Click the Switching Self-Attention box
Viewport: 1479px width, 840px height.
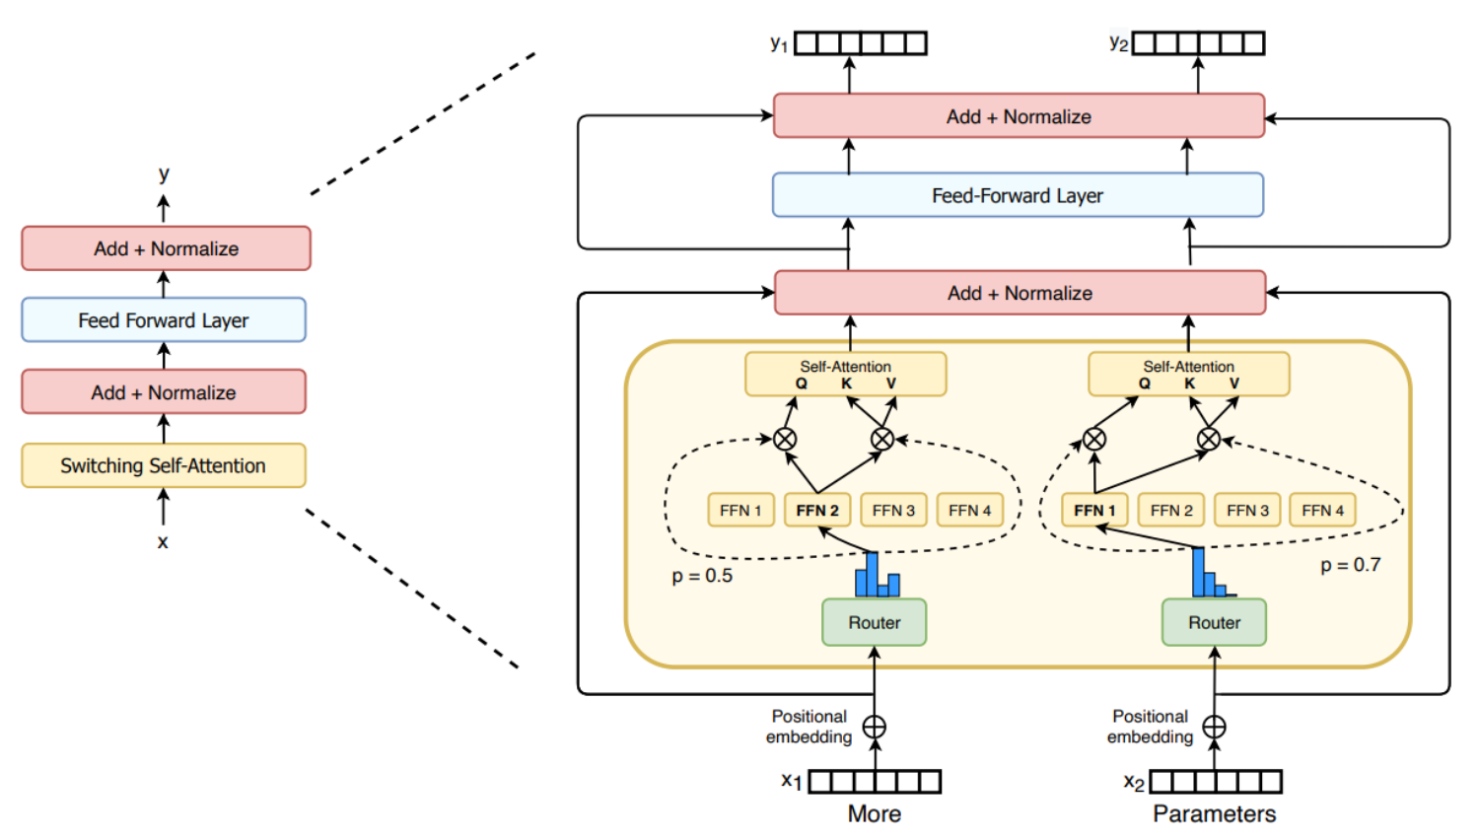(164, 465)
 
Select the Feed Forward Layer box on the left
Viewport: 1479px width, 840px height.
(164, 320)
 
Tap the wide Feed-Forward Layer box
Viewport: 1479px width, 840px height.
(1018, 195)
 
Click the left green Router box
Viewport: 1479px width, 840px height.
(875, 622)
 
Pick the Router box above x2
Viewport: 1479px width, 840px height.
(1214, 622)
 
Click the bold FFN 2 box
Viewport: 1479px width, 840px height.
(817, 510)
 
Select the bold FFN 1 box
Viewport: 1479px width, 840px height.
(1094, 510)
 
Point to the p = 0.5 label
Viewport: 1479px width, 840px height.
(702, 576)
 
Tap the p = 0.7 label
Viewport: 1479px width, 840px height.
(1350, 565)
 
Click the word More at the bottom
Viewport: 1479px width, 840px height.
(875, 813)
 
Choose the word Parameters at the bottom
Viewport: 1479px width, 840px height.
(1214, 813)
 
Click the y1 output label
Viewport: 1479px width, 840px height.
(779, 44)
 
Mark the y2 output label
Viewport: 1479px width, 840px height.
(1118, 43)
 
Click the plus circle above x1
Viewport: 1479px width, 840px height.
(875, 727)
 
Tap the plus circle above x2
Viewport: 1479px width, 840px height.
(1214, 727)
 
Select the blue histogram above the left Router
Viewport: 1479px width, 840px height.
(877, 576)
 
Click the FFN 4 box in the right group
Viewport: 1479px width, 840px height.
(1322, 510)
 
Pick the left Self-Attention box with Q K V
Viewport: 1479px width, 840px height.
(846, 374)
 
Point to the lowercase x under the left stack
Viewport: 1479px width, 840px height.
(163, 541)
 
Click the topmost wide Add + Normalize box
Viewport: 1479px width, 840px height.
(1019, 116)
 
